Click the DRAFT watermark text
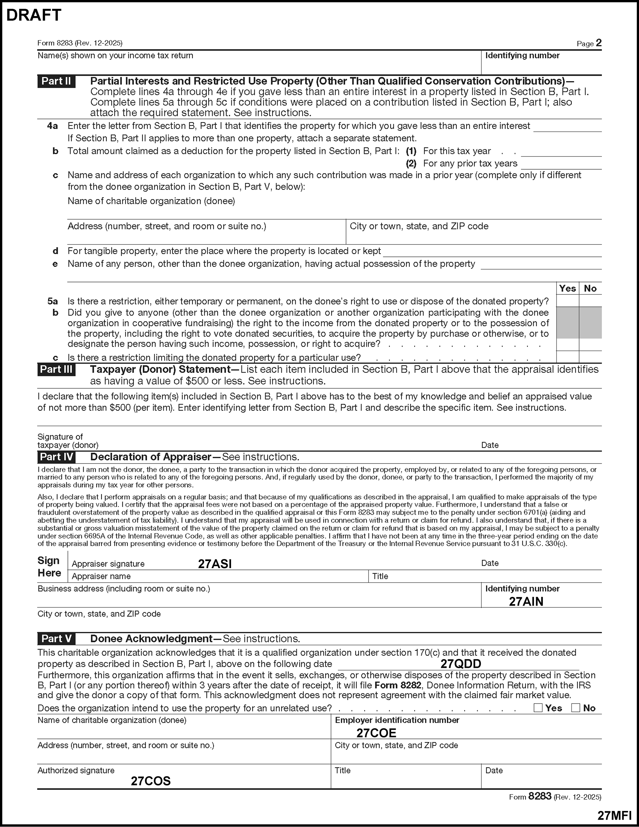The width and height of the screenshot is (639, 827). (34, 15)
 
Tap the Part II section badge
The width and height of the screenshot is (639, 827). (56, 82)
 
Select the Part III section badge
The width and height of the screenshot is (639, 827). (56, 369)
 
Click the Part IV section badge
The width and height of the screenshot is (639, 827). (56, 457)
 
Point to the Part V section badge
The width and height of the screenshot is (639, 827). (56, 639)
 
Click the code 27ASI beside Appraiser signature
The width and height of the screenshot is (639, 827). (215, 564)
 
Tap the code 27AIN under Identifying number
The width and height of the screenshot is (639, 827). (526, 602)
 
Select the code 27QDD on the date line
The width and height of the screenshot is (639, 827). (461, 664)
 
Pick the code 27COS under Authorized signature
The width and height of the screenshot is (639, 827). (151, 781)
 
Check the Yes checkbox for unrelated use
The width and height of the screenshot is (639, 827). (538, 708)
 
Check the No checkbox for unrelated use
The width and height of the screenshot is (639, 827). (576, 708)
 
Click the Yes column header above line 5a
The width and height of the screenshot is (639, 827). (567, 289)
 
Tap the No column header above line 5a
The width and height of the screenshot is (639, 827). (590, 289)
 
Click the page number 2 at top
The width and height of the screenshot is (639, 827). (598, 43)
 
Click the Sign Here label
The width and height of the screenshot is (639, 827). (49, 566)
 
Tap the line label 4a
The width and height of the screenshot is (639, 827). (52, 126)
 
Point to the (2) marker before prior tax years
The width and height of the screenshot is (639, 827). (411, 164)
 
